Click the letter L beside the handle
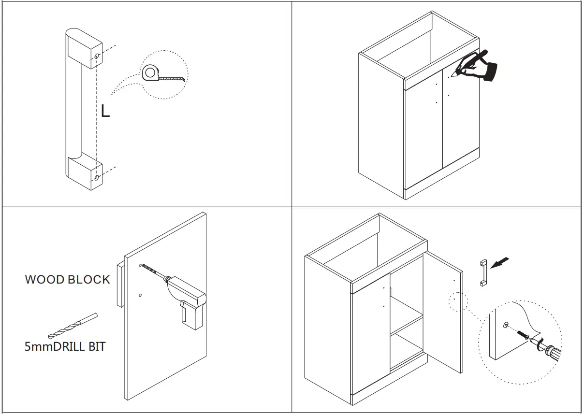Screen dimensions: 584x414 [x=105, y=112]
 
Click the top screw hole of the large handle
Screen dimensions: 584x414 [x=97, y=57]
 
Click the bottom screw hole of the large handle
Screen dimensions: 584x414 [x=97, y=178]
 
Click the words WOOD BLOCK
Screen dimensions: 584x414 [x=67, y=280]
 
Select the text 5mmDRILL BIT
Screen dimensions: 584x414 [x=65, y=346]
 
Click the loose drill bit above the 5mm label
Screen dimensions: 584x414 [x=73, y=327]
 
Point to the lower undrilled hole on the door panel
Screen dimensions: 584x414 [x=140, y=295]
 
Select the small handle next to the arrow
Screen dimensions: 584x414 [x=482, y=273]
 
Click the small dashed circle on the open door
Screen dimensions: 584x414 [x=457, y=302]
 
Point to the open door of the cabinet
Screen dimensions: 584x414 [x=444, y=309]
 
